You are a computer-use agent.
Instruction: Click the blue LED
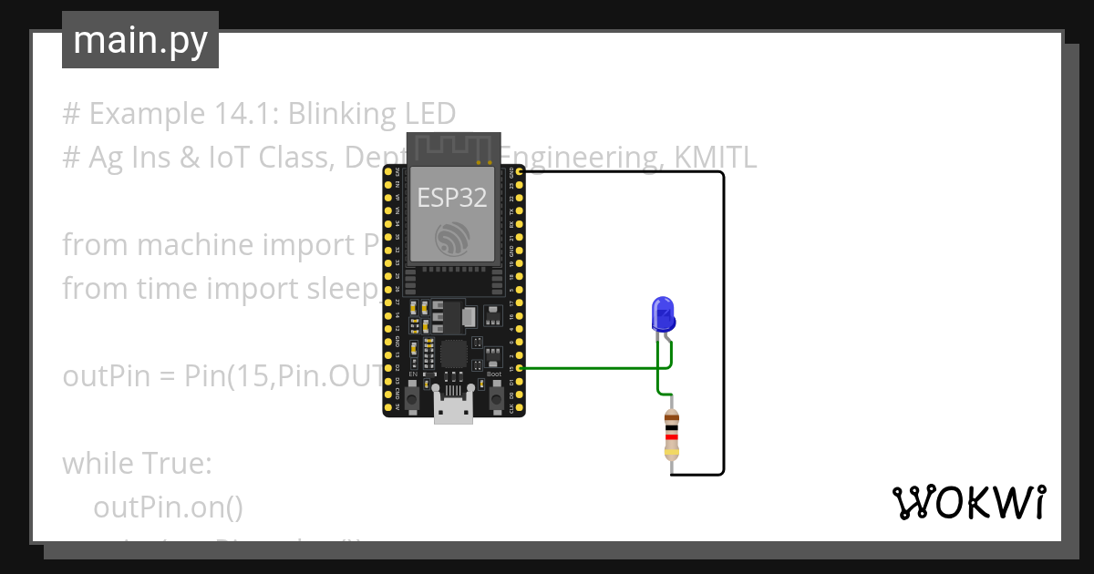click(x=663, y=314)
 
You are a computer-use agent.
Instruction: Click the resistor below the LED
click(x=672, y=433)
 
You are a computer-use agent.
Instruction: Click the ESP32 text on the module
click(x=451, y=198)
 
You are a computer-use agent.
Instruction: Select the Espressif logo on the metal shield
click(x=452, y=239)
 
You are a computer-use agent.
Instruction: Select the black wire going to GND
click(x=723, y=319)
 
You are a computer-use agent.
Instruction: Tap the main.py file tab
click(x=140, y=40)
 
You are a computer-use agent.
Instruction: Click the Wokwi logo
click(x=968, y=503)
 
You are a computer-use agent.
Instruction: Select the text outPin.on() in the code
click(x=168, y=507)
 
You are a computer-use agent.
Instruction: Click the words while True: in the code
click(x=137, y=463)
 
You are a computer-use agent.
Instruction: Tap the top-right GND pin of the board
click(x=519, y=171)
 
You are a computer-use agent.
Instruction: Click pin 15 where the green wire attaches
click(x=519, y=369)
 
